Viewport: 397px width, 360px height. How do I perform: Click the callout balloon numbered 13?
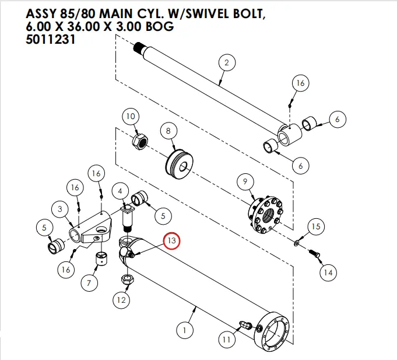pyautogui.click(x=172, y=241)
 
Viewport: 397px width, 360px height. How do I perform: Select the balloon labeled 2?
pyautogui.click(x=226, y=62)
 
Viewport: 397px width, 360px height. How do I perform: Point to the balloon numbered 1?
pyautogui.click(x=185, y=331)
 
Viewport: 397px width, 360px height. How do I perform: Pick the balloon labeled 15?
pyautogui.click(x=315, y=226)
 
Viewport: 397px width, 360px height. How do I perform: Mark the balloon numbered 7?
pyautogui.click(x=89, y=284)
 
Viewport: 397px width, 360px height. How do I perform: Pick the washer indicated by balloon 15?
pyautogui.click(x=297, y=241)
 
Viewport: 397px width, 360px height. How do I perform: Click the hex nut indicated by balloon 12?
pyautogui.click(x=124, y=281)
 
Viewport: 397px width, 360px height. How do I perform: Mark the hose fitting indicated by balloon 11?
pyautogui.click(x=246, y=324)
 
